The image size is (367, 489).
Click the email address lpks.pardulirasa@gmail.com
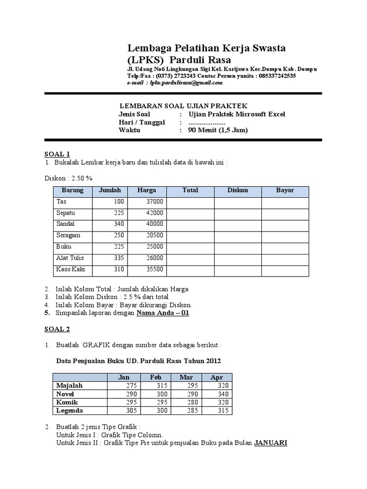point(186,83)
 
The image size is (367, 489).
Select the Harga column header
point(147,191)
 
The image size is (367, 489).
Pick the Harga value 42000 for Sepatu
point(155,213)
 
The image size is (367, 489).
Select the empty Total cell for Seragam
point(190,236)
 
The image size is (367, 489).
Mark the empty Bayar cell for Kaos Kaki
point(285,270)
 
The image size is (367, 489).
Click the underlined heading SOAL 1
point(57,154)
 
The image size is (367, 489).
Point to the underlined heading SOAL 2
point(57,329)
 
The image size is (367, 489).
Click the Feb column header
point(156,377)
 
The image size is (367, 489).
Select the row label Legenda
point(69,411)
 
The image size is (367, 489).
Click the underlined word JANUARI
point(270,443)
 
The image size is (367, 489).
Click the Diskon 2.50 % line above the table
point(68,178)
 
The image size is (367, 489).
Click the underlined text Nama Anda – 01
point(163,313)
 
